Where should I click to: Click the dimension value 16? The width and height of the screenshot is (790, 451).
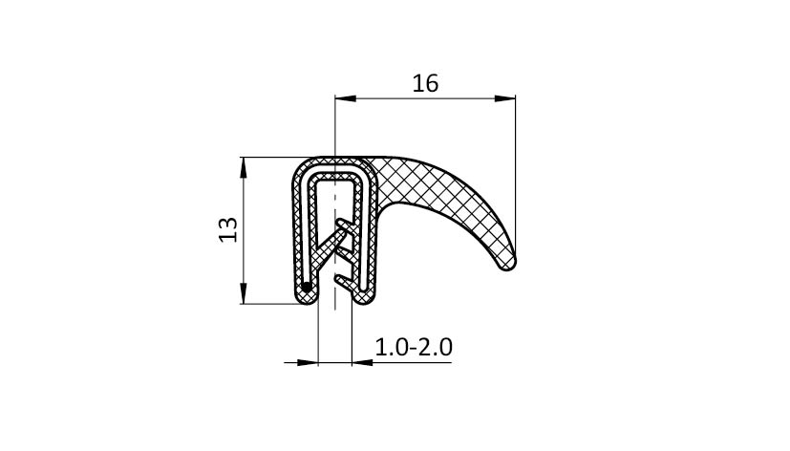point(425,84)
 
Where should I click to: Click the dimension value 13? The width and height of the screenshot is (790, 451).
point(228,229)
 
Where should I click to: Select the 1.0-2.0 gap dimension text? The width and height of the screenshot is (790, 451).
point(414,347)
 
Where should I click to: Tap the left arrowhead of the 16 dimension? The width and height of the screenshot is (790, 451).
point(346,98)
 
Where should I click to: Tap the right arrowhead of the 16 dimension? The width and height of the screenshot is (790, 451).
point(504,98)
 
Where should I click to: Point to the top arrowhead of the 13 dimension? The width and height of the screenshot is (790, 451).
point(244,167)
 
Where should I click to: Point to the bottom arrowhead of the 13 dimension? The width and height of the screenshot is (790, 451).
point(244,293)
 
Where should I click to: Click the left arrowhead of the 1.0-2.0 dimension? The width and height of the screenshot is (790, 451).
point(308,362)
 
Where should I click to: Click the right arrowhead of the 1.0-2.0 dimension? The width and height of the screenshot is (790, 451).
point(362,362)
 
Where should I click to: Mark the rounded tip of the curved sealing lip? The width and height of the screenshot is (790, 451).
point(507,263)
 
